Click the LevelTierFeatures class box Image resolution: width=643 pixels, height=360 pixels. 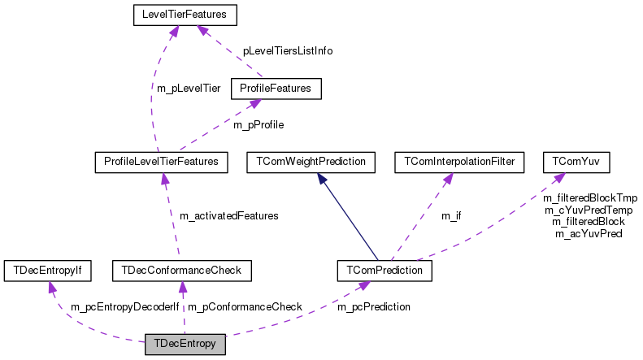pos(179,14)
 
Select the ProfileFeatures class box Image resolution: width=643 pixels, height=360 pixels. pos(276,87)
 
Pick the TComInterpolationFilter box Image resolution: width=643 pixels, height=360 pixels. pos(454,162)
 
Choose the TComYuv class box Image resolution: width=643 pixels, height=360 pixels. pos(565,162)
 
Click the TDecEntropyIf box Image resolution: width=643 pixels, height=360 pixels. pos(48,269)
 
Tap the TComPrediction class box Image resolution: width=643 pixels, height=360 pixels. pos(384,269)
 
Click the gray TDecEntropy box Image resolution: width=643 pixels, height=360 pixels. pos(185,344)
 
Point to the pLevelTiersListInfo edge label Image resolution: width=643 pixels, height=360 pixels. pos(288,50)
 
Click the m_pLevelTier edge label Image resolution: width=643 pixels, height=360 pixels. pos(189,88)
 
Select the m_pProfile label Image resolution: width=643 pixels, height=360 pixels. pos(259,125)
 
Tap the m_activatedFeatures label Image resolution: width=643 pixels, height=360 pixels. pos(228,216)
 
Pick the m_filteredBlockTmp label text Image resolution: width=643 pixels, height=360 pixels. pos(590,197)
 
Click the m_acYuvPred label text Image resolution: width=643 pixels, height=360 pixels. pos(589,234)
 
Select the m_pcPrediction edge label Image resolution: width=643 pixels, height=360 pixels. pos(374,307)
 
